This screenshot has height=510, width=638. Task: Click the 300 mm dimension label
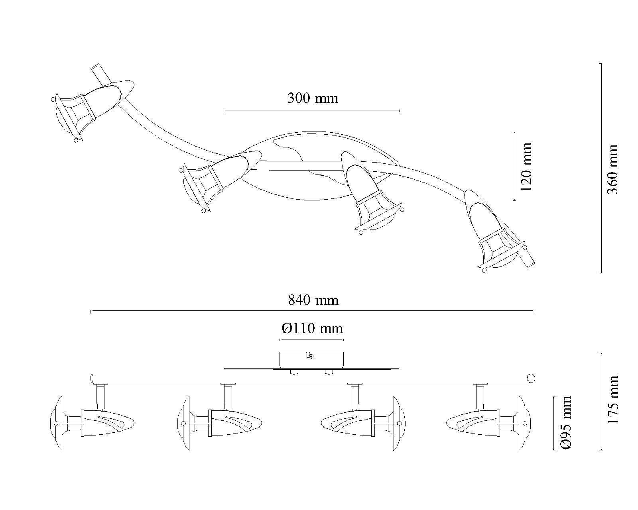[313, 98]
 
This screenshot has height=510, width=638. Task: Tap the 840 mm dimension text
[313, 300]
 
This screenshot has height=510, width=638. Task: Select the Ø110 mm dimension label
[312, 328]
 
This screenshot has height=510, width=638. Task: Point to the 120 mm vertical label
[526, 167]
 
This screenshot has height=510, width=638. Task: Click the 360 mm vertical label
[612, 169]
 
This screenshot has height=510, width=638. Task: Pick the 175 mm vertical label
[613, 400]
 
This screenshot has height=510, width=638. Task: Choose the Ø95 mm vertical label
[565, 423]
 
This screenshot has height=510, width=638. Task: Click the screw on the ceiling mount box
[311, 357]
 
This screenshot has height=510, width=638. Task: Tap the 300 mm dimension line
[312, 110]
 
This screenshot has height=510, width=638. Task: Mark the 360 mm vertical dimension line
[601, 168]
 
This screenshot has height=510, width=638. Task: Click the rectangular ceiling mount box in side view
[311, 360]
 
